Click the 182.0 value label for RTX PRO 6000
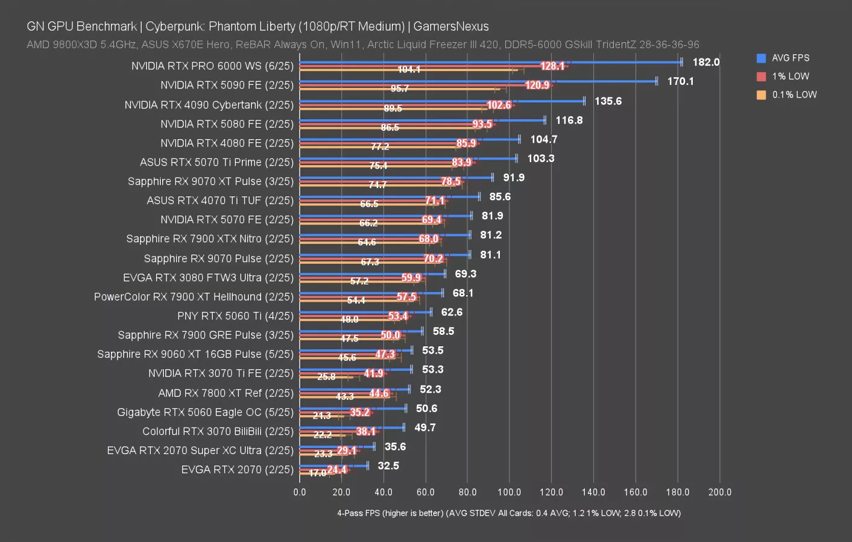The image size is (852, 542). [705, 62]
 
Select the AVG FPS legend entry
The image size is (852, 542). [790, 58]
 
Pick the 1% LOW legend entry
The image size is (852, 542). [790, 76]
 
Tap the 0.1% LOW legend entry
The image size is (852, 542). [794, 95]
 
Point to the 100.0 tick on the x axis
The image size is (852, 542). [509, 492]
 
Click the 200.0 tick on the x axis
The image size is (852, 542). [719, 492]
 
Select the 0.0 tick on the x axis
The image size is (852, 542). [300, 492]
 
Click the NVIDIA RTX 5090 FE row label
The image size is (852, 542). [227, 85]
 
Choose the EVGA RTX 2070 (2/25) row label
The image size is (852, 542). [237, 469]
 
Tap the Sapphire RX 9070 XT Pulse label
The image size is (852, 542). [210, 181]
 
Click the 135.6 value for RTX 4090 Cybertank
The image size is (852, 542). [608, 101]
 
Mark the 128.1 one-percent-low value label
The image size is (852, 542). [552, 66]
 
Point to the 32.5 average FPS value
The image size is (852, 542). [388, 466]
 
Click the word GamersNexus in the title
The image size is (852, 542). [451, 26]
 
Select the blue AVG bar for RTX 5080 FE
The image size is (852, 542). [422, 120]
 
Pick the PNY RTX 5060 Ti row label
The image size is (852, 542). [235, 316]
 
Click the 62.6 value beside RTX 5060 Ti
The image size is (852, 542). [452, 312]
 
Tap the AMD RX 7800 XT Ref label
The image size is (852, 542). [226, 393]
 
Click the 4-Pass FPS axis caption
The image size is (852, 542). [509, 513]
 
